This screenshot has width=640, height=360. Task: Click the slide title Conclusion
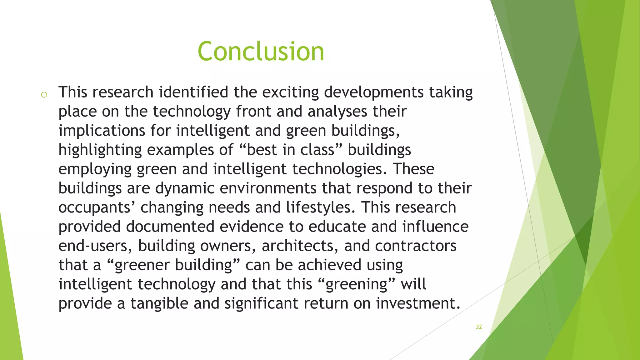[261, 52]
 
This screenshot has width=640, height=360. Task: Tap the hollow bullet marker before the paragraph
[44, 95]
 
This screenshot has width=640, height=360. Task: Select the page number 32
[479, 327]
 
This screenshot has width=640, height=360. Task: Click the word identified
[193, 92]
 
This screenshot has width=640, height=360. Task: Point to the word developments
[374, 93]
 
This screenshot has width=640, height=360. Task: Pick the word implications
[102, 131]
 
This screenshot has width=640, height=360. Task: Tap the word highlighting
[100, 150]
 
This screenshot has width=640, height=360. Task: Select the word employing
[95, 169]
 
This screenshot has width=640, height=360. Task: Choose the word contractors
[416, 246]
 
